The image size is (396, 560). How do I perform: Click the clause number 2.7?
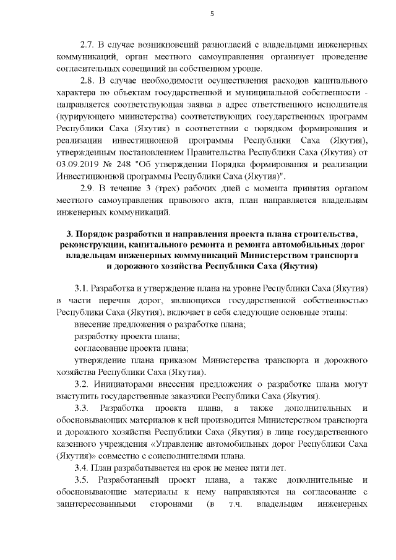pos(89,45)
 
